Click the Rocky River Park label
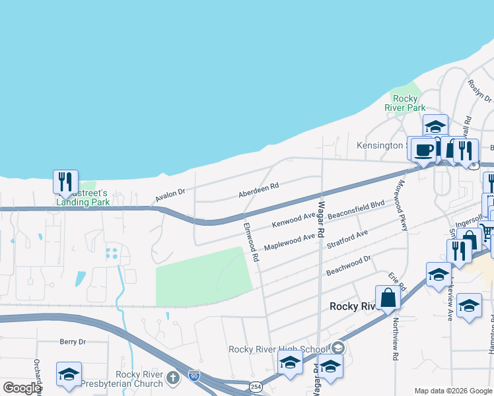pos(405,103)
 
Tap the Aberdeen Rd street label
pos(259,190)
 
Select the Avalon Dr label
pos(170,195)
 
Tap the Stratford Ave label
pos(347,240)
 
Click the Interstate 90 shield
pos(194,376)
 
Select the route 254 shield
pos(256,386)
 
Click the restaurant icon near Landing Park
pos(65,181)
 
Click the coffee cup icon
pos(423,150)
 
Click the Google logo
pos(22,388)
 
